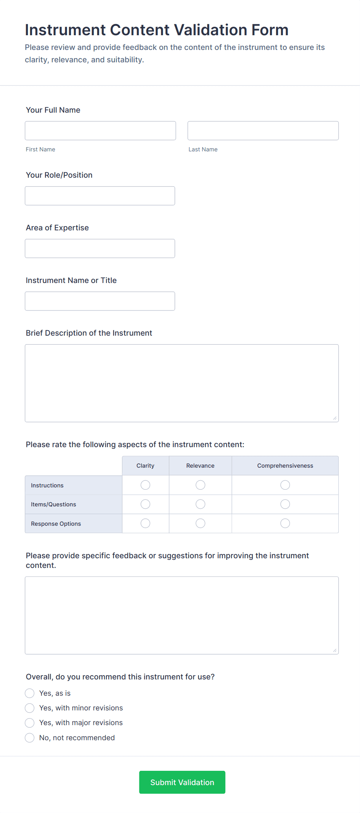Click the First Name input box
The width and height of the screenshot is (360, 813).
click(x=100, y=131)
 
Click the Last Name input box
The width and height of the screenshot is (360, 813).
click(x=263, y=131)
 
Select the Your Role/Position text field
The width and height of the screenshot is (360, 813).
click(x=100, y=196)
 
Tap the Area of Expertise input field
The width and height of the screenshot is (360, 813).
click(x=100, y=249)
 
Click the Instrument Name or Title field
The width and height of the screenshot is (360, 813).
click(x=100, y=301)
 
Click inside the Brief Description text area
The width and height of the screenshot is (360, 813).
click(x=182, y=383)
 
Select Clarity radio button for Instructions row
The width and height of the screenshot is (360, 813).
click(x=146, y=485)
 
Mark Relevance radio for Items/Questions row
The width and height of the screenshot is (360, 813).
click(x=201, y=504)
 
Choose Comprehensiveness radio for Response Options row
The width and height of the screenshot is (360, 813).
click(x=285, y=523)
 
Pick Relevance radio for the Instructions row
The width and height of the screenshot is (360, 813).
click(x=201, y=485)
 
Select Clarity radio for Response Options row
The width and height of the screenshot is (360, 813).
click(x=146, y=523)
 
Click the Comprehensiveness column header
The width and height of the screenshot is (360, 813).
click(x=285, y=466)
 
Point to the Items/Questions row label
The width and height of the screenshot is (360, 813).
click(x=53, y=504)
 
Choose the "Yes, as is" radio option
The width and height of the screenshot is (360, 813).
click(x=30, y=693)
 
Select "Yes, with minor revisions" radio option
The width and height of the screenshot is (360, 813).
click(x=30, y=708)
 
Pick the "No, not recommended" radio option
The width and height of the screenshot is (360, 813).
click(x=30, y=738)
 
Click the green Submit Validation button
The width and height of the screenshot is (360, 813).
click(x=182, y=782)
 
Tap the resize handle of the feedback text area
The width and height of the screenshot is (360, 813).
click(x=335, y=650)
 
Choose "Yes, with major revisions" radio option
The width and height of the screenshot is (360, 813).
click(x=30, y=723)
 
